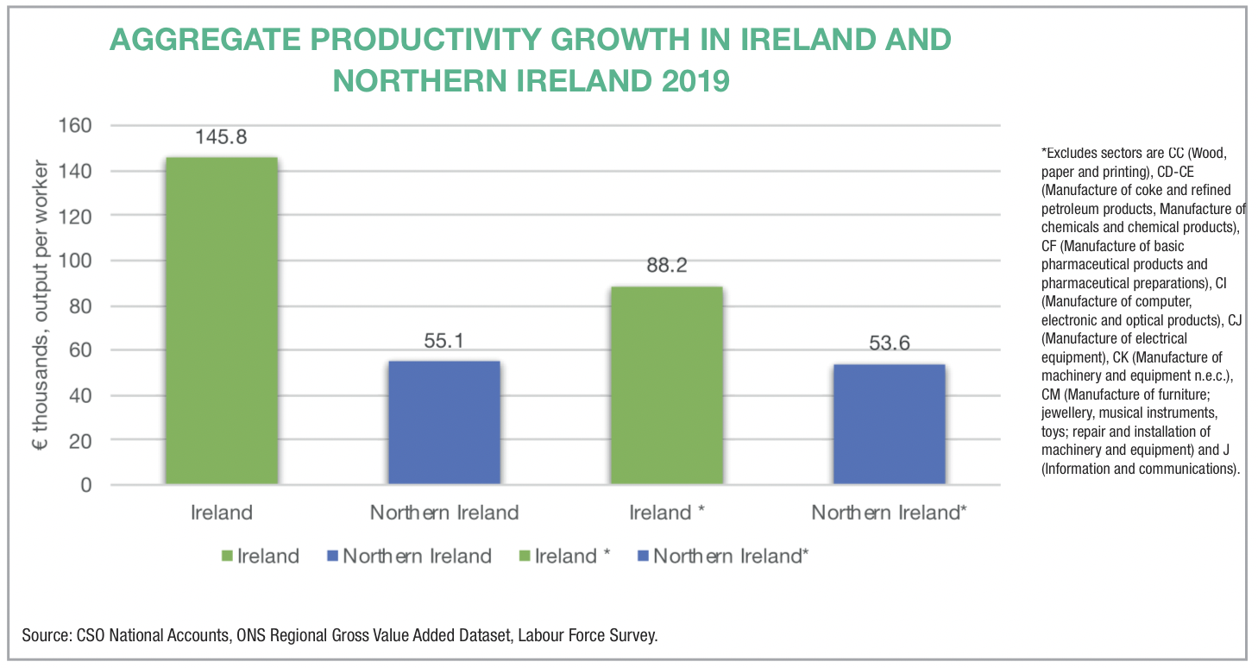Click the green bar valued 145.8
coord(222,320)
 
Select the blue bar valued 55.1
coord(444,423)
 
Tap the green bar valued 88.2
coord(666,385)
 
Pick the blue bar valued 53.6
coord(889,425)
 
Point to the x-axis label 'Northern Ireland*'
coord(889,513)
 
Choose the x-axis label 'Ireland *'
coord(667,513)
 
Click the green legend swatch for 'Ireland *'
coord(523,557)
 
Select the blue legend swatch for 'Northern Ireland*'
coord(641,557)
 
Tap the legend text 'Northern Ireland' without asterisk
coord(417,557)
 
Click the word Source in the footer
coord(45,636)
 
